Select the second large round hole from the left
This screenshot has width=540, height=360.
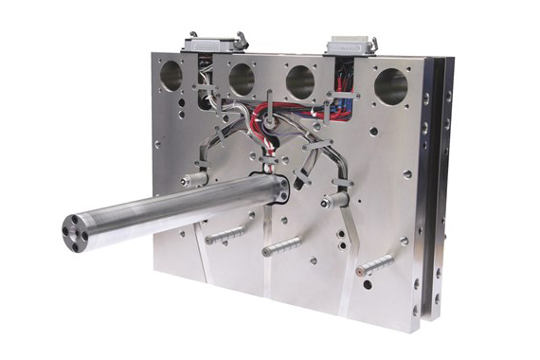pos(242,78)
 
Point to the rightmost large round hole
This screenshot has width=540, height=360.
pos(390,87)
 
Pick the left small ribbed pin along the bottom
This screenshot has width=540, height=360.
pos(224,234)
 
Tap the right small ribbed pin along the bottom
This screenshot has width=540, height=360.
pos(373,265)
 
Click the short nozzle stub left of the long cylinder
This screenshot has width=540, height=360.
pos(195,177)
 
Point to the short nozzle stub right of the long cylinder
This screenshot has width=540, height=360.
pos(334,201)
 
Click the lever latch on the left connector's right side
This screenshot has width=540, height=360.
pos(241,39)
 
